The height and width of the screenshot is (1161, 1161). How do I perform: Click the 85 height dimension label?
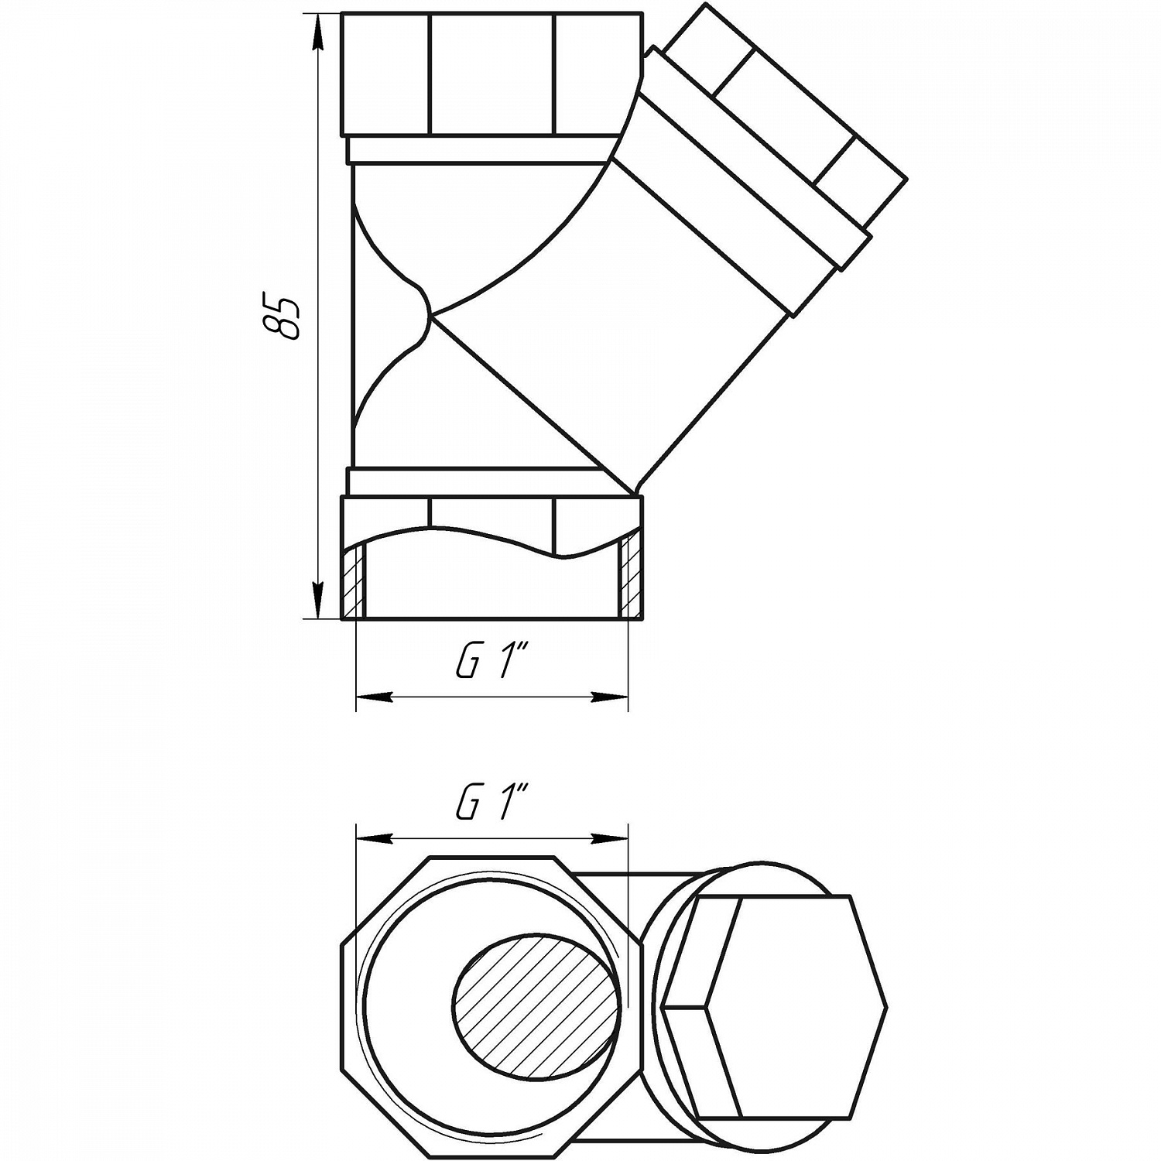tap(281, 316)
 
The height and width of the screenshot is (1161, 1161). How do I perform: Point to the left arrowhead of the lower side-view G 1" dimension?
tap(375, 697)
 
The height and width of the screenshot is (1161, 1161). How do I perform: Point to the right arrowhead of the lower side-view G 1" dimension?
tap(609, 697)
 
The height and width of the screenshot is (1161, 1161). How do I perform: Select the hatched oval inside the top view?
tap(536, 995)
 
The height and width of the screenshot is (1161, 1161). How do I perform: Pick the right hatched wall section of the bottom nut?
tap(629, 580)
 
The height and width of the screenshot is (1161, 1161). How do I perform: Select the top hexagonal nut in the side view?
tap(491, 75)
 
